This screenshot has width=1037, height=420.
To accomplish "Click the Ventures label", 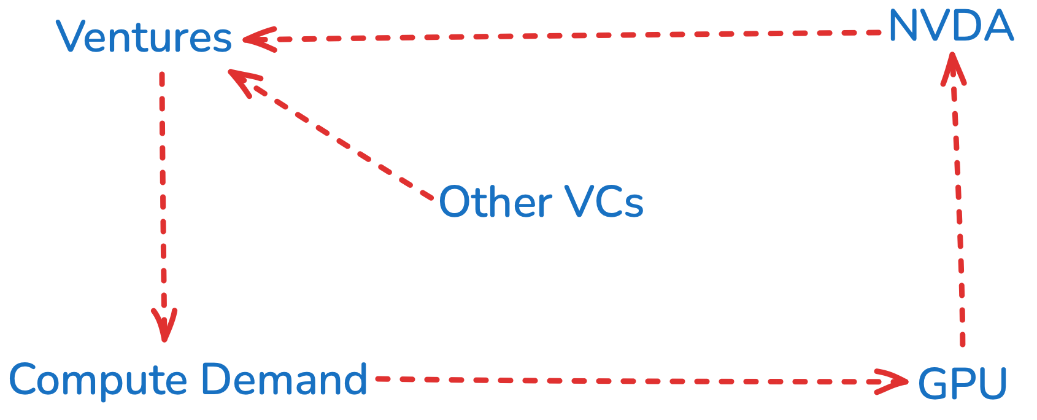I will tap(144, 37).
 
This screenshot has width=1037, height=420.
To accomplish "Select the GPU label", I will tap(962, 384).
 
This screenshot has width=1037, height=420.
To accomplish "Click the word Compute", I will tap(98, 381).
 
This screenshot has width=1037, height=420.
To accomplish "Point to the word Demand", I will tap(284, 379).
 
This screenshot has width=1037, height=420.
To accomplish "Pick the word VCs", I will tap(604, 202).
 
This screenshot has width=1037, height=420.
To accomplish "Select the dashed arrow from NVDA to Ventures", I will tap(552, 36).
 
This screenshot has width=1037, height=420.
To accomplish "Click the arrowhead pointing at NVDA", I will tap(953, 68).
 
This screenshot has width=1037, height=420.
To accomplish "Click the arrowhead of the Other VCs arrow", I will tap(244, 81).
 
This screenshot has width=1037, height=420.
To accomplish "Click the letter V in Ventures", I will tap(71, 37).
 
